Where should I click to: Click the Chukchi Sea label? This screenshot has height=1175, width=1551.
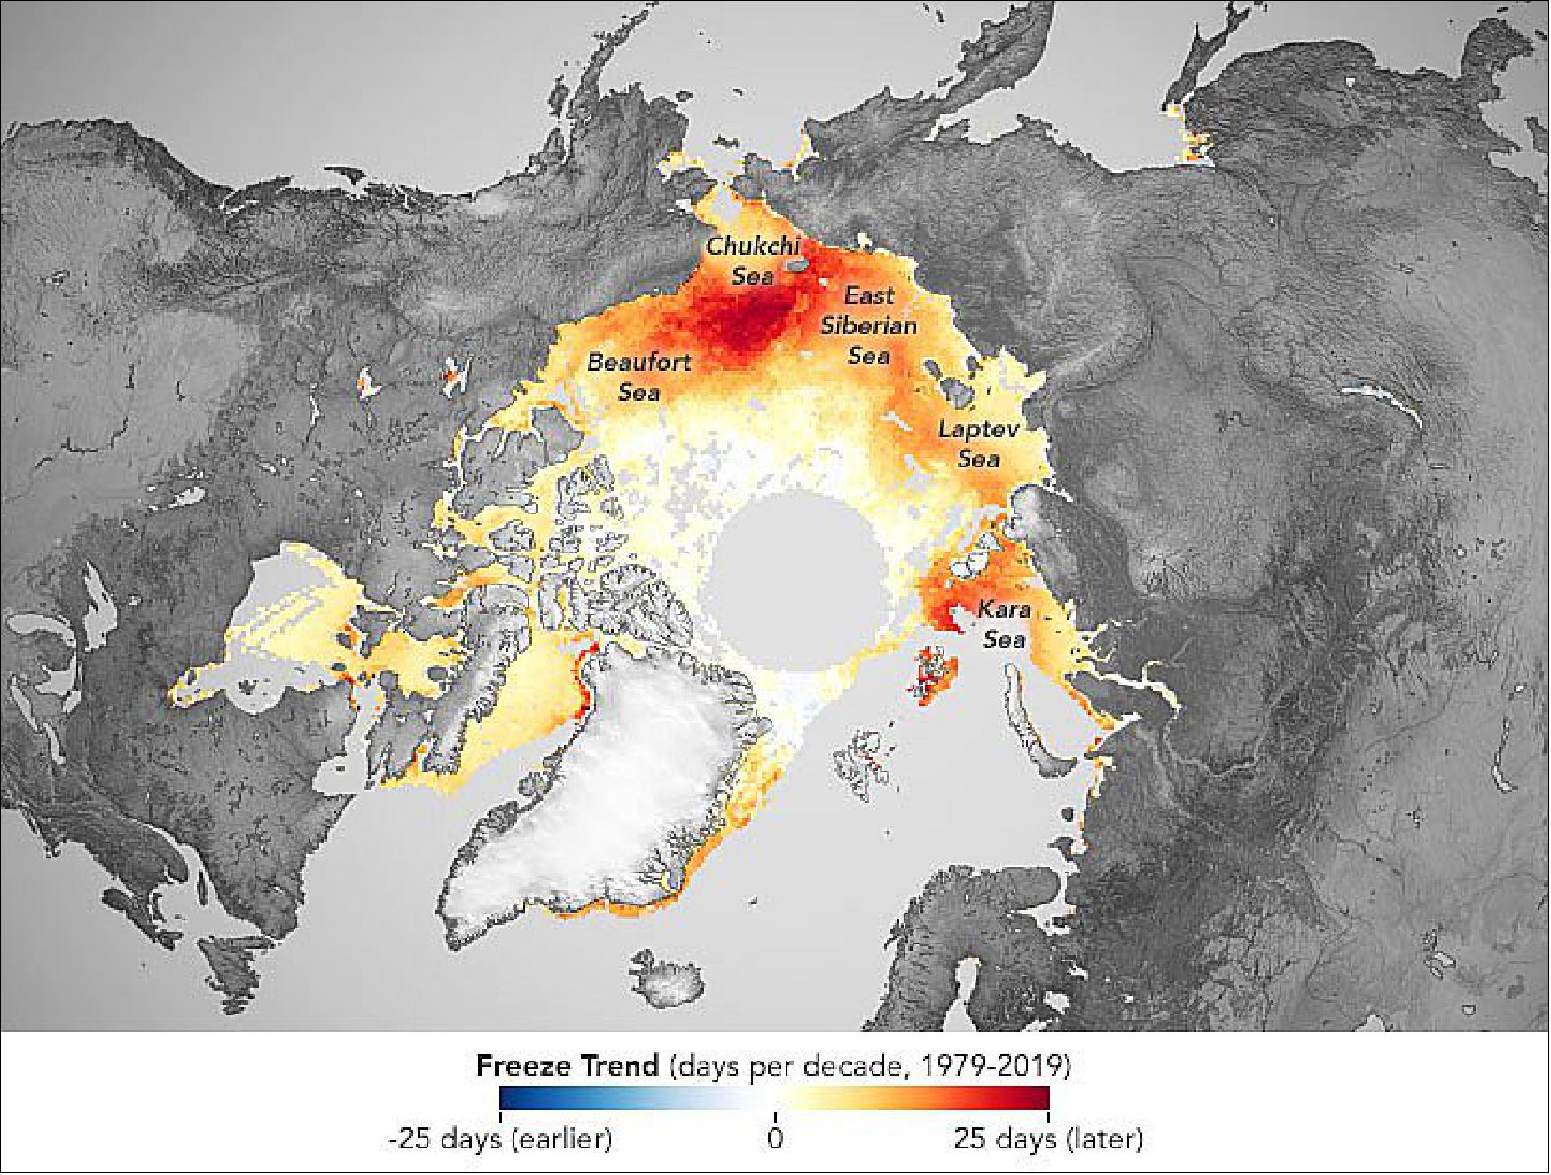(x=752, y=260)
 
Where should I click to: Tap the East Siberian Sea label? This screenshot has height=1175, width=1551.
(x=868, y=325)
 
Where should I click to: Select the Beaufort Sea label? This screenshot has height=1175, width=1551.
(x=638, y=376)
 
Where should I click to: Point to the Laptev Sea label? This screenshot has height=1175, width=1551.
(x=979, y=443)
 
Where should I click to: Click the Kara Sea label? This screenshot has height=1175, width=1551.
(x=1004, y=624)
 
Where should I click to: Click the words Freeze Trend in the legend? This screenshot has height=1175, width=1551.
(x=568, y=1065)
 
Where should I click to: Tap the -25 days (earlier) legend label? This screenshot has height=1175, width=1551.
(x=500, y=1138)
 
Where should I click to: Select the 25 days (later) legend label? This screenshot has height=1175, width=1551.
(x=1048, y=1138)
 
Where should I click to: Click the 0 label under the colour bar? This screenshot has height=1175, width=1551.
(x=775, y=1138)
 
